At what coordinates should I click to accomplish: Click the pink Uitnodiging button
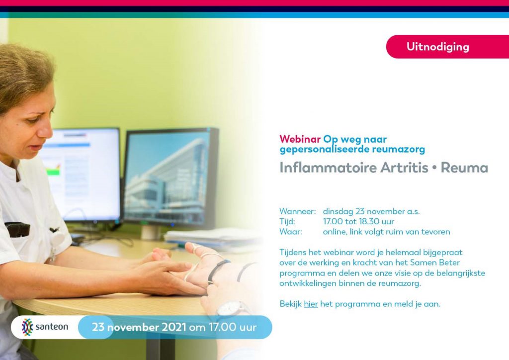coord(447,47)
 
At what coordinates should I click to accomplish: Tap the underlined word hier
coord(311,304)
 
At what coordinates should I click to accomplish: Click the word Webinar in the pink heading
coord(300,139)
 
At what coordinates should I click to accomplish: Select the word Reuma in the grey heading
coord(464,168)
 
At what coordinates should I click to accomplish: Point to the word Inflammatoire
coord(328,168)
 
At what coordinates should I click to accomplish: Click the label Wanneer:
coord(297,211)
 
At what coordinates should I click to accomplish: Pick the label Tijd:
coord(287,222)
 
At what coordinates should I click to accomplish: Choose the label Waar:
coord(290,232)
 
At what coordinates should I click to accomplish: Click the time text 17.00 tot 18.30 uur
coord(358,222)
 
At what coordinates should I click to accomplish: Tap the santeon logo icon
coord(27,327)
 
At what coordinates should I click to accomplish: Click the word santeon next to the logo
coord(52,327)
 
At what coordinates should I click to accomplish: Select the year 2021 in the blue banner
coord(173,327)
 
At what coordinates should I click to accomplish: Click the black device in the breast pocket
coord(17,229)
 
